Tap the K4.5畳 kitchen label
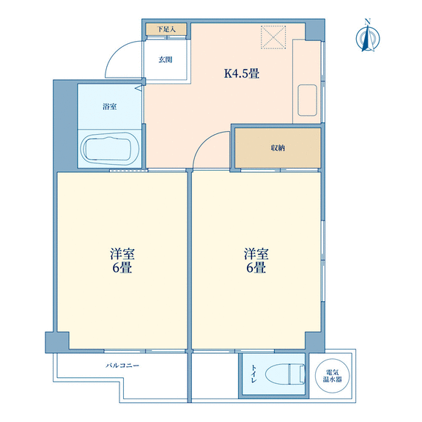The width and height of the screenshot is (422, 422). [x=242, y=73]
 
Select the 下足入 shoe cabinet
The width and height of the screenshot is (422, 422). [x=166, y=29]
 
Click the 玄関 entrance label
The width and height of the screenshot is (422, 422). [x=166, y=59]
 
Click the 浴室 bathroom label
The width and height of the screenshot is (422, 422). [x=110, y=106]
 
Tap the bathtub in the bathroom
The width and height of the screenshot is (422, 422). [x=111, y=148]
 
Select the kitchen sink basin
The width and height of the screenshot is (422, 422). [x=307, y=100]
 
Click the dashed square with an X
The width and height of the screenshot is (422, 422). [x=273, y=37]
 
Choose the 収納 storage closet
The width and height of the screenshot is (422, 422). [x=278, y=148]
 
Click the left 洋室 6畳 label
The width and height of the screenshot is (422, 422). [x=122, y=261]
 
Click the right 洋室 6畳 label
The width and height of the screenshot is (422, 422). [x=256, y=261]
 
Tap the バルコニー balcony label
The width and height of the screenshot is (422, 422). [x=122, y=366]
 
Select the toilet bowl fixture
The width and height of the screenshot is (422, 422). [x=285, y=374]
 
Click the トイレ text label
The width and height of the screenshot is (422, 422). [x=253, y=374]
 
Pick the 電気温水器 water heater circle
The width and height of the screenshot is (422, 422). [x=333, y=376]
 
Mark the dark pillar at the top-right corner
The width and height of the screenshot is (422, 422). [x=314, y=30]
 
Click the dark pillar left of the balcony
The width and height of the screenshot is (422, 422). [x=57, y=342]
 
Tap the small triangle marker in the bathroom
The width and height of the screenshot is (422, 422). [x=138, y=88]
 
